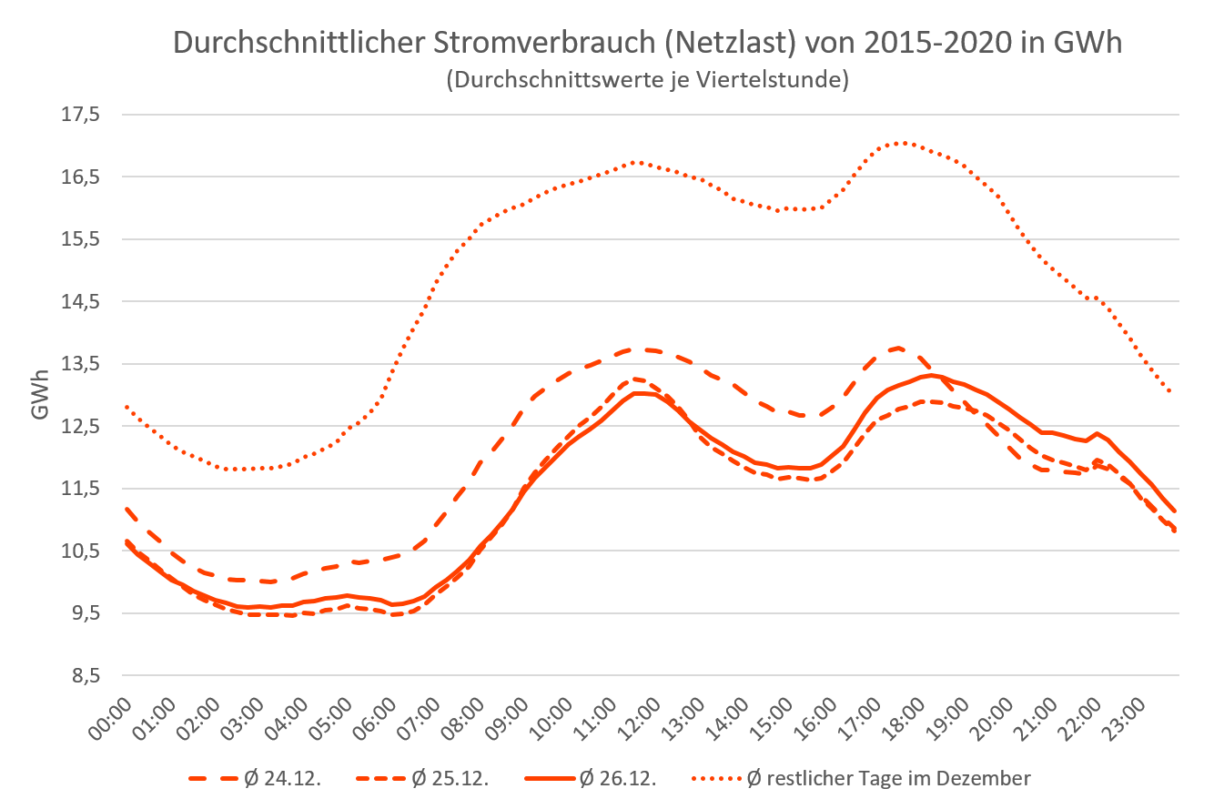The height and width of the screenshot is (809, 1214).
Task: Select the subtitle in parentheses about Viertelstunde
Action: [647, 80]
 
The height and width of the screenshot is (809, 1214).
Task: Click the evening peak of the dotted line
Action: [900, 143]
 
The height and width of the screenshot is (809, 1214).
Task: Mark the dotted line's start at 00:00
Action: [125, 406]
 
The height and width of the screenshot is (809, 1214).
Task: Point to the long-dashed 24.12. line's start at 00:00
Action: [125, 509]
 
